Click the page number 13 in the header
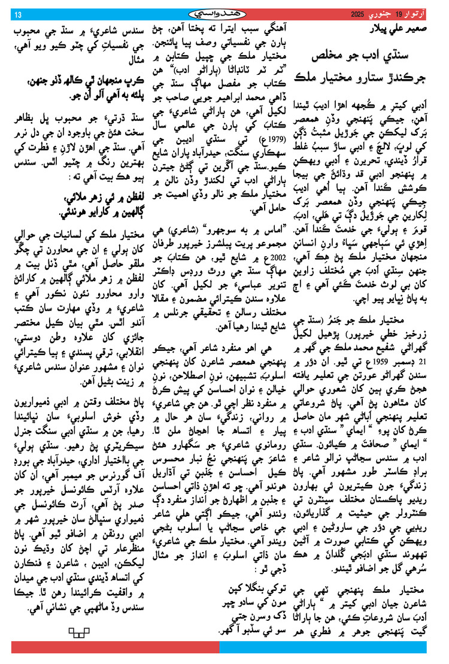[17, 14]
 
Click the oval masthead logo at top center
[224, 14]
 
